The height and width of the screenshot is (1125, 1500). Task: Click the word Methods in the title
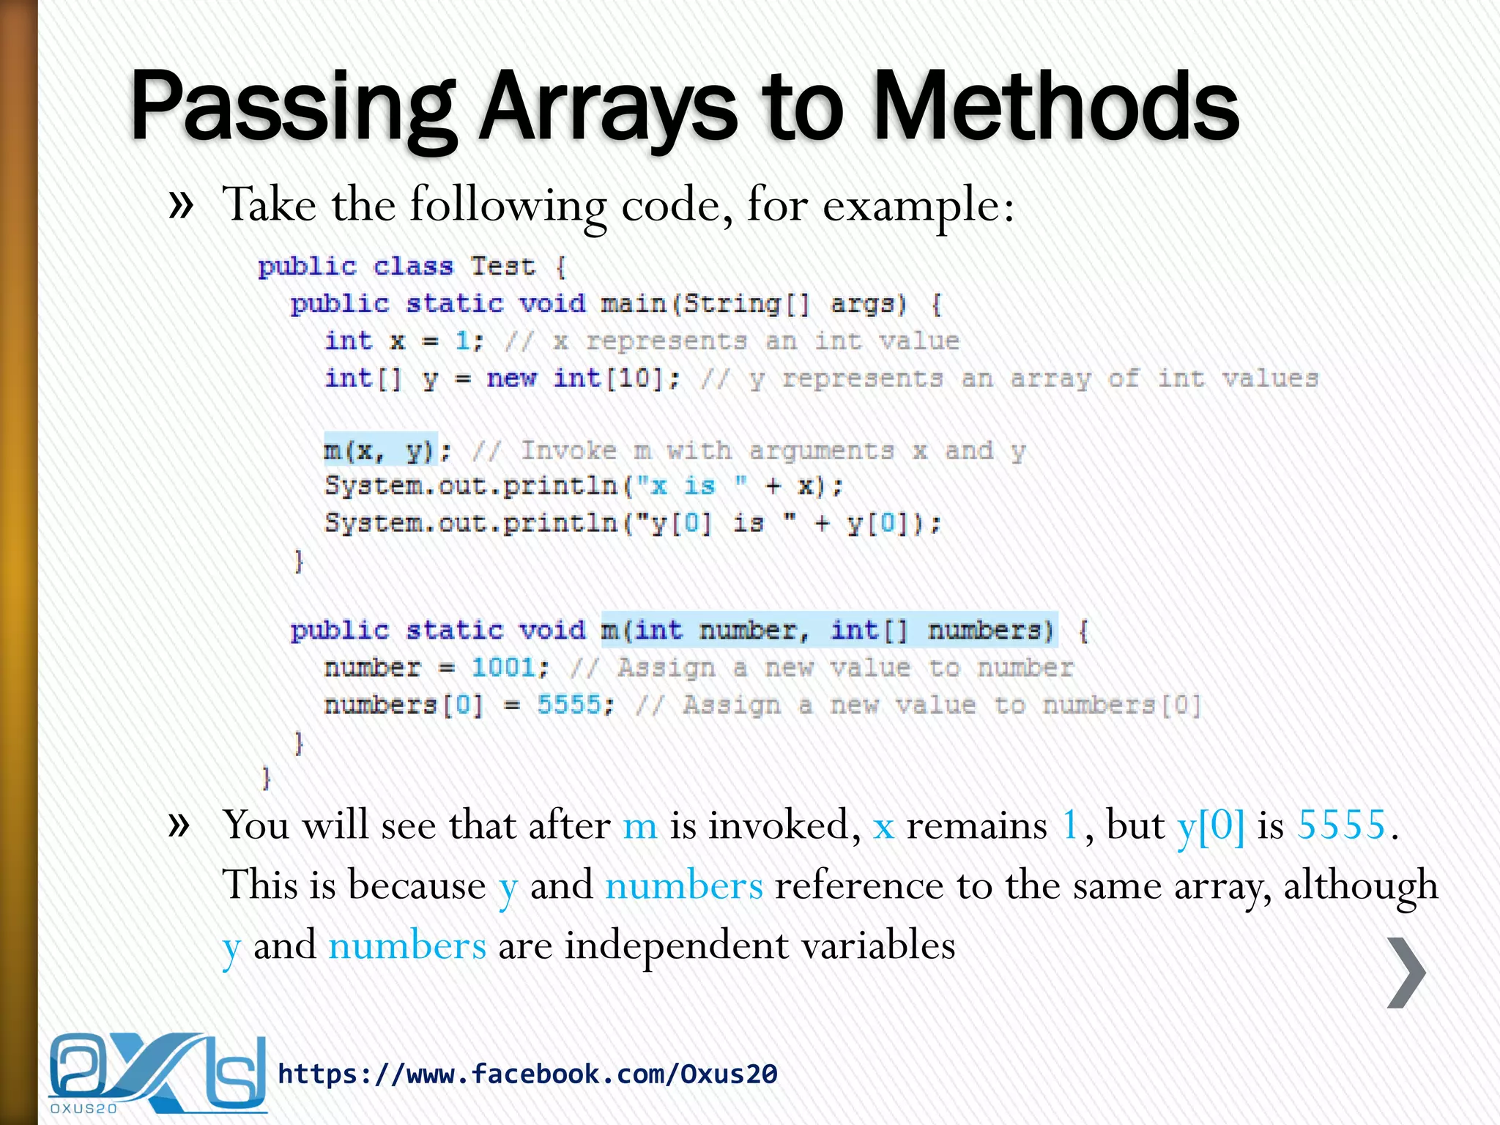coord(1055,106)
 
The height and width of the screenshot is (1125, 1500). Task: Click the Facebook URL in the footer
coord(527,1074)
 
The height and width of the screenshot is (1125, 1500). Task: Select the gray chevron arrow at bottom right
coord(1406,972)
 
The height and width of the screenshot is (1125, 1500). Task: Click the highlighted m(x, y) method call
coord(380,450)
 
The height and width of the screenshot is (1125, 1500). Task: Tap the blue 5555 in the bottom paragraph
coord(1341,825)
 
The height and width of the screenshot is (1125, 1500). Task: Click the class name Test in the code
coord(502,266)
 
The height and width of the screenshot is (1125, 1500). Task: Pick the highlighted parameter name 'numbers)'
coord(990,630)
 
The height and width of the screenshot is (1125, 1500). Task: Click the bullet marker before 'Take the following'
coord(180,204)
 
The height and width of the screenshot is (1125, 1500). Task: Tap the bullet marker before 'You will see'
coord(180,825)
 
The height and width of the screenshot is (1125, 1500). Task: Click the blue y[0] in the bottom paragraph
coord(1211,825)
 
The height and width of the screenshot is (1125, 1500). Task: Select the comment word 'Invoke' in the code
coord(568,450)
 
